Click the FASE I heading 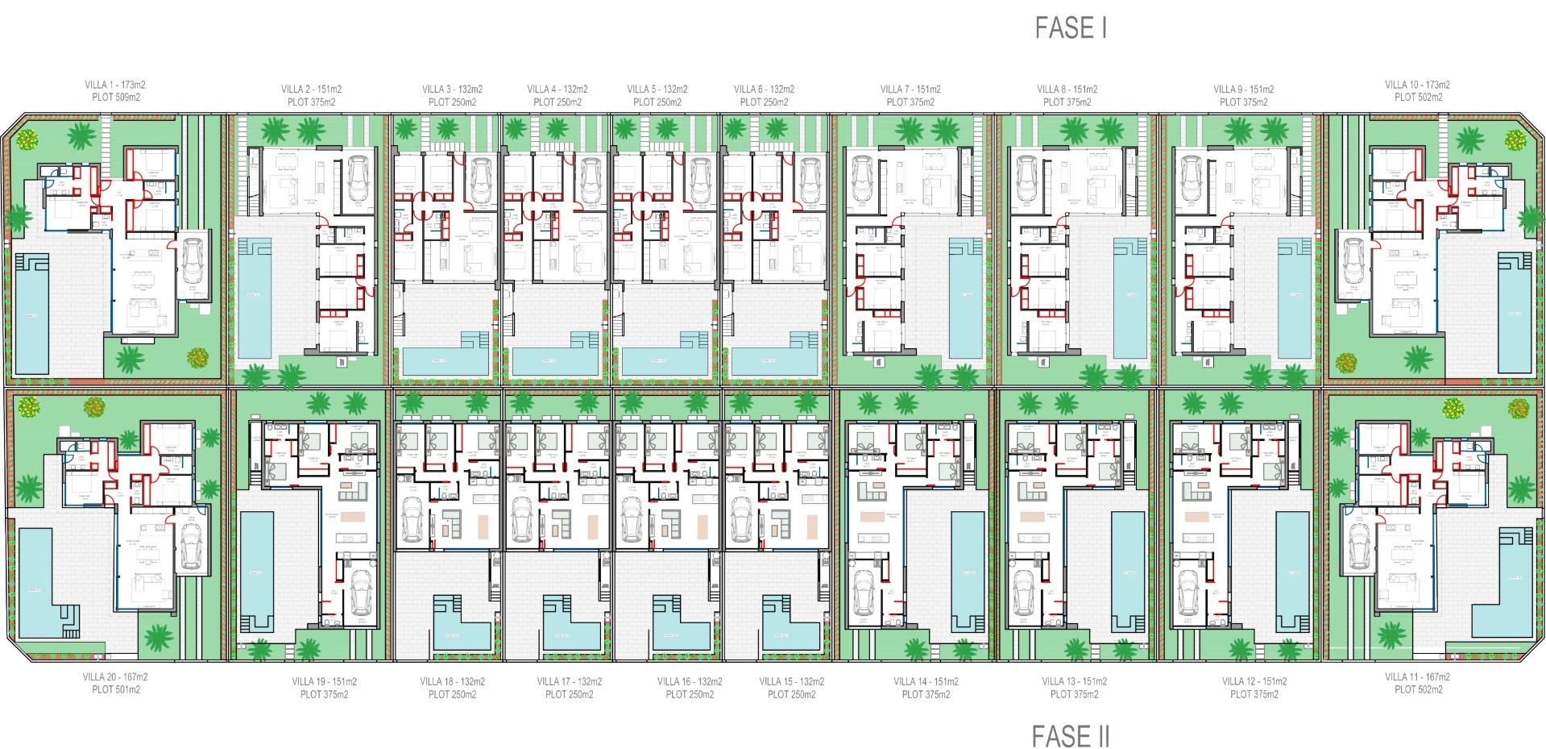pyautogui.click(x=1071, y=29)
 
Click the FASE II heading pyautogui.click(x=1071, y=735)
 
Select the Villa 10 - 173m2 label pyautogui.click(x=1417, y=85)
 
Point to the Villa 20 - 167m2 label pyautogui.click(x=115, y=677)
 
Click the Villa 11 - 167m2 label pyautogui.click(x=1417, y=677)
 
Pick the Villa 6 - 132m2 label pyautogui.click(x=764, y=89)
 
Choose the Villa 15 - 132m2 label pyautogui.click(x=791, y=682)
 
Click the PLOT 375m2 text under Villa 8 pyautogui.click(x=1067, y=102)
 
